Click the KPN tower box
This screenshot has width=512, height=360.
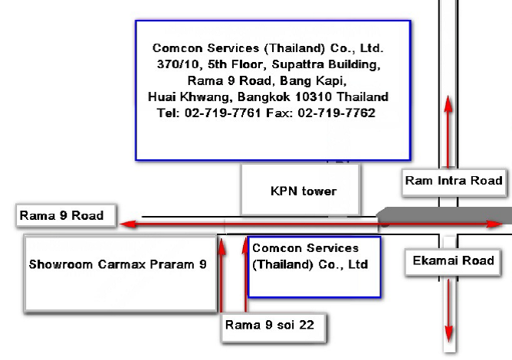(300, 190)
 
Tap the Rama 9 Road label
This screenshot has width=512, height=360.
(61, 215)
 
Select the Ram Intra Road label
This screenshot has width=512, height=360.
(454, 181)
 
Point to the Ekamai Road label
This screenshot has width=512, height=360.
(454, 260)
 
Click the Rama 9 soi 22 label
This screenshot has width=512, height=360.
(270, 325)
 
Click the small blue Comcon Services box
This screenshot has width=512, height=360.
(314, 267)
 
